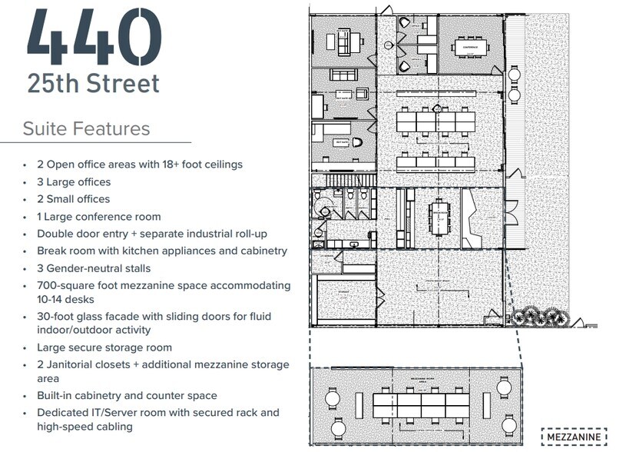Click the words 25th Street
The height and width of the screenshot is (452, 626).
tap(93, 83)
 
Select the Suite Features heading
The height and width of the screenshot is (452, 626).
tap(86, 128)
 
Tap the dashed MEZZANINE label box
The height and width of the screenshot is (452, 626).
tap(574, 437)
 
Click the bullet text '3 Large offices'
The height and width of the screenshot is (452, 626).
tap(74, 182)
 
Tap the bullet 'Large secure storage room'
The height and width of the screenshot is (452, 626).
tap(104, 347)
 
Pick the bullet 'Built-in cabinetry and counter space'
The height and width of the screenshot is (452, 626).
tap(127, 396)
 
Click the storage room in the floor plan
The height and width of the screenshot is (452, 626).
tap(343, 301)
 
